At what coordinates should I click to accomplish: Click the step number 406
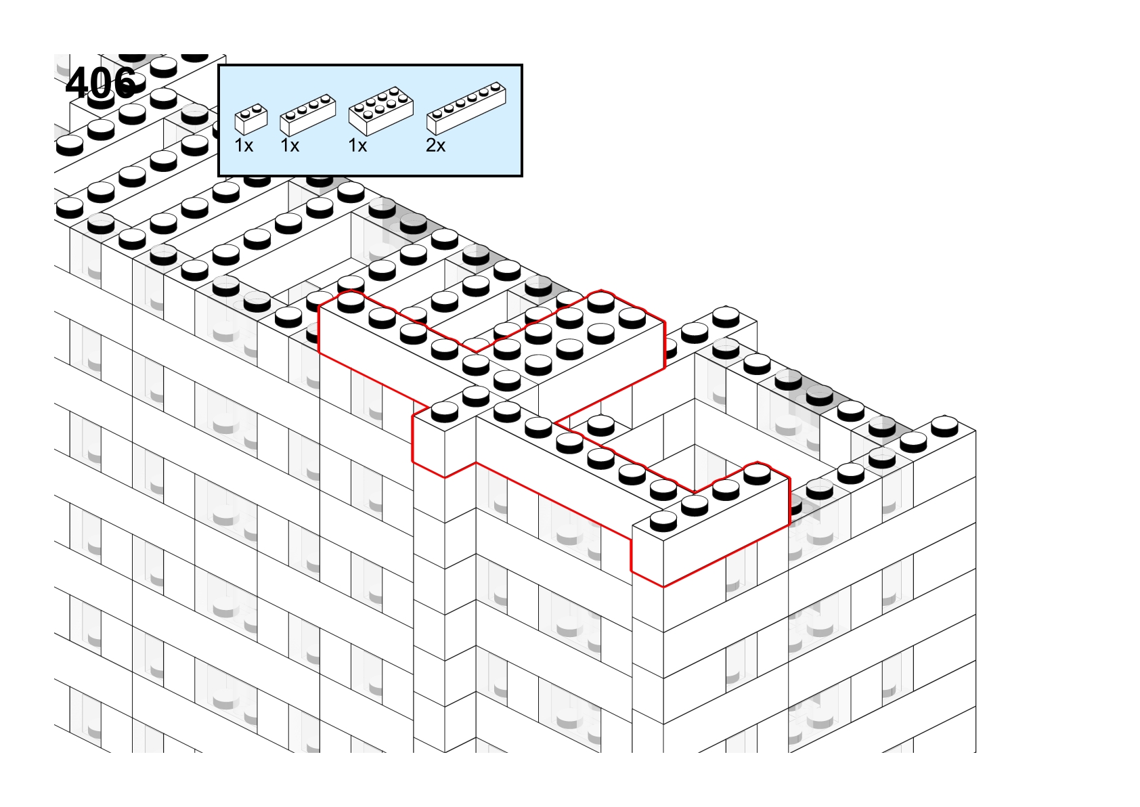point(102,83)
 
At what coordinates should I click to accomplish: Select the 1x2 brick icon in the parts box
point(251,119)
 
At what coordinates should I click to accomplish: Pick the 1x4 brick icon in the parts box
point(307,115)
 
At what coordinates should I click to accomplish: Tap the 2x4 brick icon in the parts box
point(380,111)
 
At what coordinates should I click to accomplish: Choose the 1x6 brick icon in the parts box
point(466,108)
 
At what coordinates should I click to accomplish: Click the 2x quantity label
point(436,146)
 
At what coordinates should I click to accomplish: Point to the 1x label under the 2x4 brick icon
point(357,146)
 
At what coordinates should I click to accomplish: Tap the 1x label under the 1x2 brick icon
point(244,146)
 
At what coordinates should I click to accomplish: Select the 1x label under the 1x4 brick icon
point(290,146)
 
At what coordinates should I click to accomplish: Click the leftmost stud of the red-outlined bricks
point(351,301)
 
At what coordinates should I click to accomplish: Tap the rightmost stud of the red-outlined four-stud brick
point(758,473)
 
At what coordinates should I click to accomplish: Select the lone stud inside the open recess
point(601,425)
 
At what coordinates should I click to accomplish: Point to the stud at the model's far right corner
point(944,427)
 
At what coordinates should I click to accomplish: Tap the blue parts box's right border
point(522,121)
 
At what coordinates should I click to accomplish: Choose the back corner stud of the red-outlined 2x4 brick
point(601,301)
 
